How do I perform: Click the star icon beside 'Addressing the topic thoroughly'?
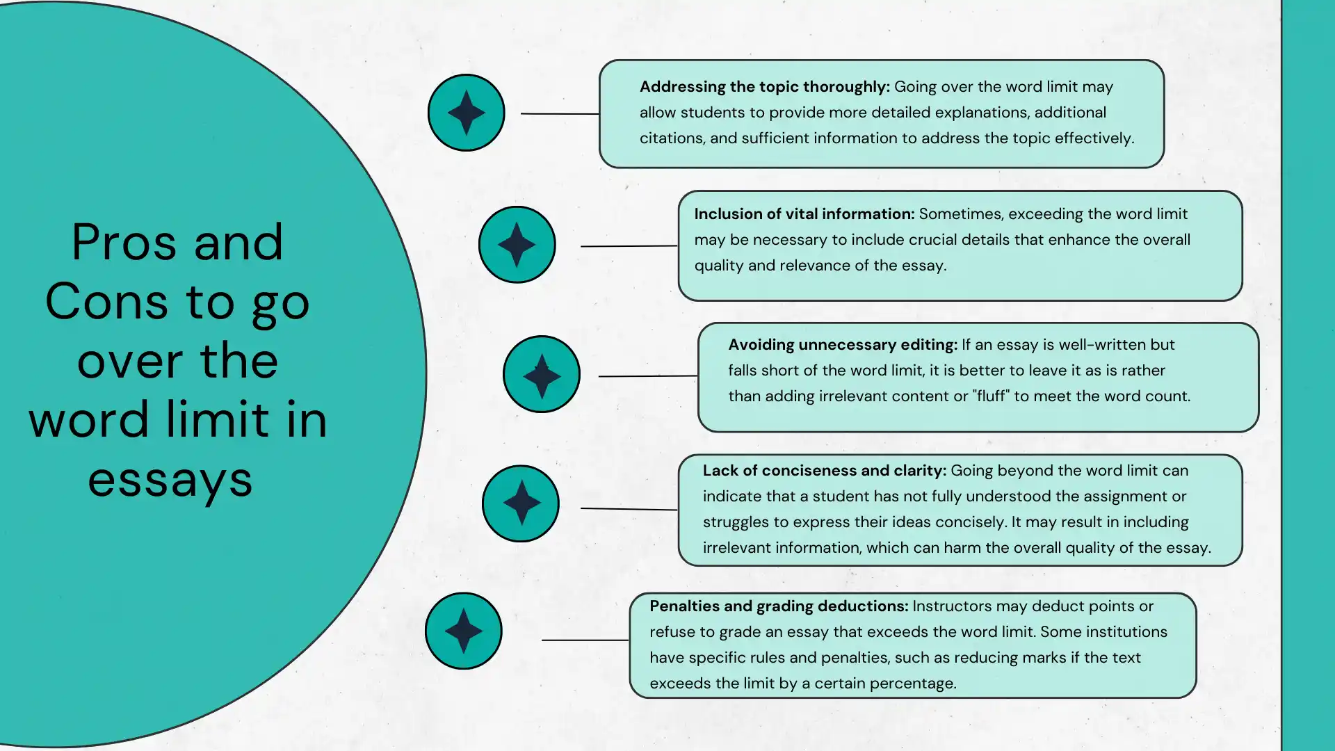coord(466,113)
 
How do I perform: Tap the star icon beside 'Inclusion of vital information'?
coord(517,245)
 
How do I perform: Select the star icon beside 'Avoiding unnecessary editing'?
coord(542,375)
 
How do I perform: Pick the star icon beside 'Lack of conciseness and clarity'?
coord(521,503)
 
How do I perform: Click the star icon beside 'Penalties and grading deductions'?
coord(463,631)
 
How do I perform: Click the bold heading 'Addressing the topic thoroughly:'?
coord(764,87)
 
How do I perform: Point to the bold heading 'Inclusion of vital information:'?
coord(804,214)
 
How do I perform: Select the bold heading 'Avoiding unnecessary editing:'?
coord(843,345)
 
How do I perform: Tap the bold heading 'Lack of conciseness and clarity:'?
coord(824,471)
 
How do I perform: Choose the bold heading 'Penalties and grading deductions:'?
coord(779,606)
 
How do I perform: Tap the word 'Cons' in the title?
coord(106,302)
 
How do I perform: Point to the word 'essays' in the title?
coord(170,480)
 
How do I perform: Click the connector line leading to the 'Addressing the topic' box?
coord(559,113)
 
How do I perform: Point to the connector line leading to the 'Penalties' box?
coord(584,640)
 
